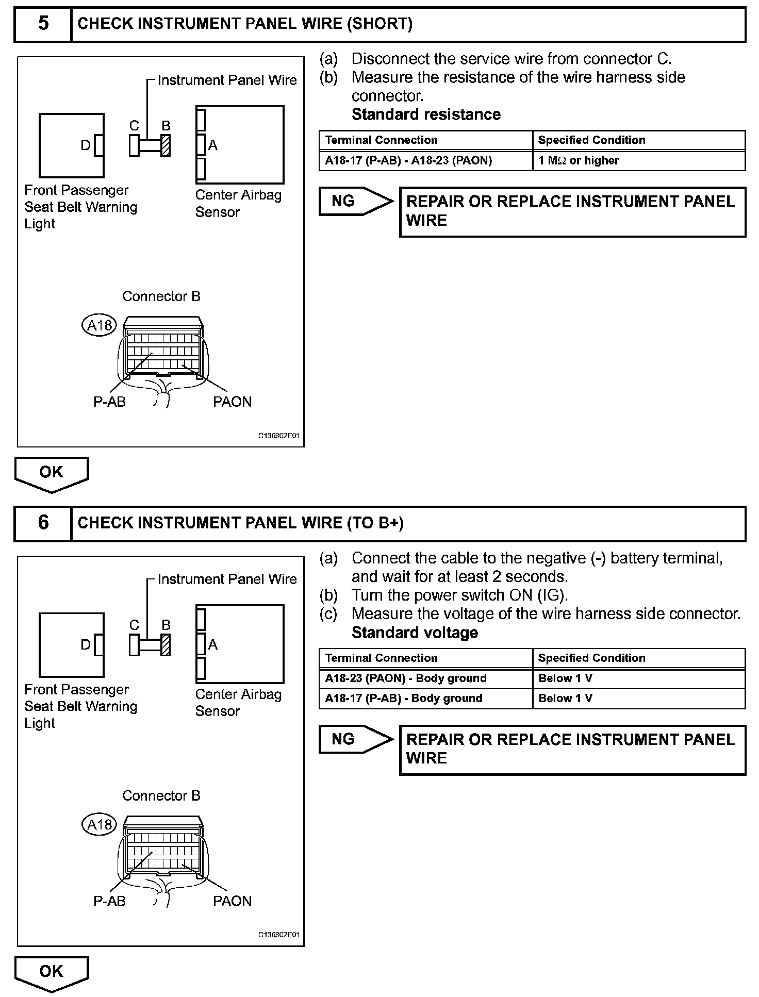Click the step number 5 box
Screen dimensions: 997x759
pyautogui.click(x=43, y=24)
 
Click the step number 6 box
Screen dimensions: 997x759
pyautogui.click(x=43, y=523)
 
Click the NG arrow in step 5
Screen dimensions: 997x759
pyautogui.click(x=356, y=201)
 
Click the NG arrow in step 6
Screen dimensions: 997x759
pyautogui.click(x=356, y=739)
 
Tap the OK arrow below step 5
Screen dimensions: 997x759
pyautogui.click(x=52, y=473)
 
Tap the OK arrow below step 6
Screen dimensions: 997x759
pyautogui.click(x=52, y=972)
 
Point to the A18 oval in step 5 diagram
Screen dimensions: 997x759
pyautogui.click(x=99, y=325)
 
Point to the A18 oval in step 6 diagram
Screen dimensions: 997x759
pyautogui.click(x=99, y=825)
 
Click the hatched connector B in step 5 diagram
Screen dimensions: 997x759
pyautogui.click(x=166, y=146)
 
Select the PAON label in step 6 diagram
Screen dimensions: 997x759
pyautogui.click(x=232, y=901)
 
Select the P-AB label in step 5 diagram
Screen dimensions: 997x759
pyautogui.click(x=109, y=402)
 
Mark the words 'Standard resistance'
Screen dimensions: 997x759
pyautogui.click(x=426, y=114)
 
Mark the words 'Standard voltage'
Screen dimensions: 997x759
pyautogui.click(x=415, y=633)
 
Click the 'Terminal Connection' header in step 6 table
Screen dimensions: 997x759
pyautogui.click(x=382, y=658)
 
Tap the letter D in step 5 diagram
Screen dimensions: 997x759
pyautogui.click(x=86, y=146)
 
